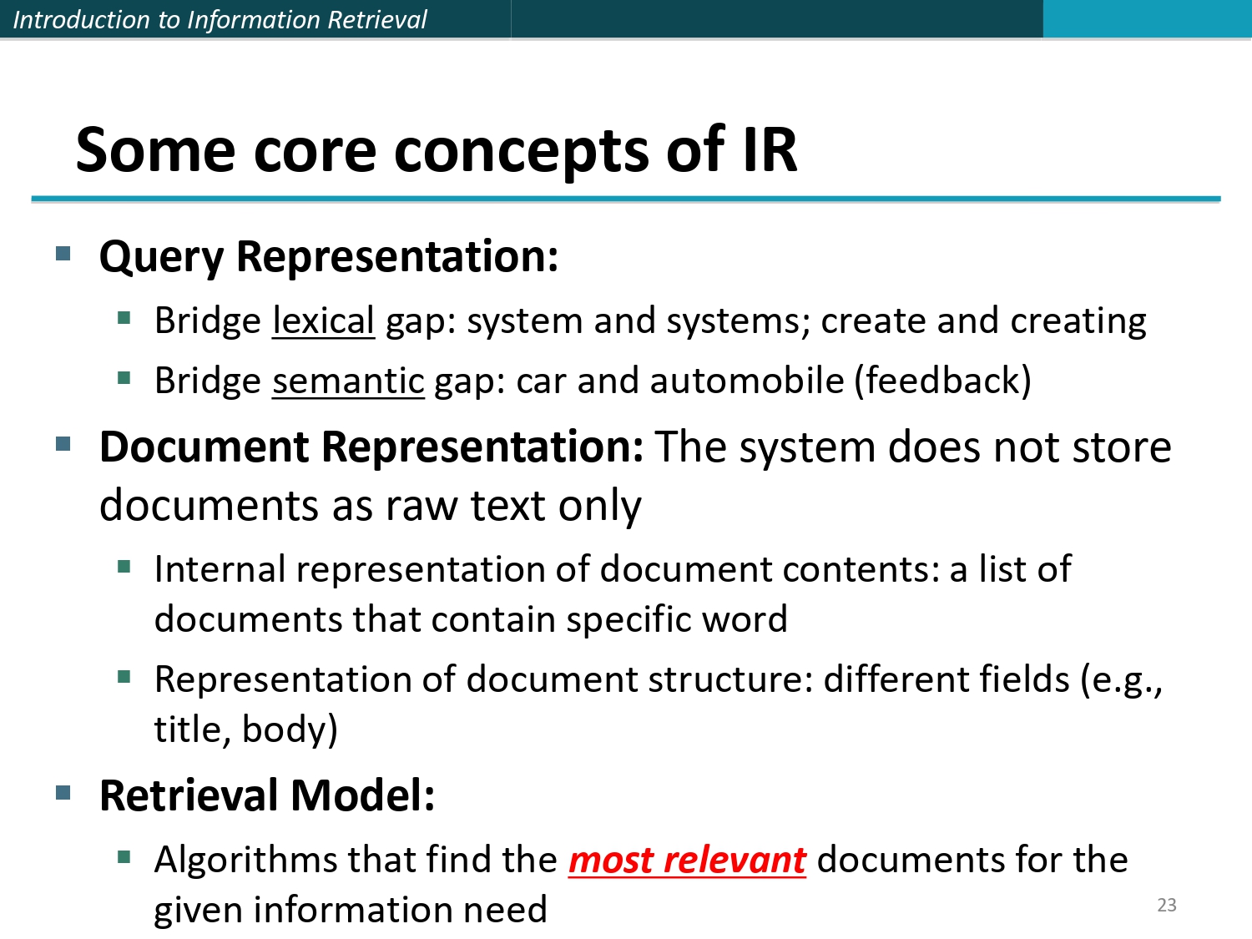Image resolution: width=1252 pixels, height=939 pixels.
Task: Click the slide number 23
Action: tap(1166, 905)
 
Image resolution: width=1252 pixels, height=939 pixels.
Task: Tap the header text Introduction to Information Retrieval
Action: tap(220, 19)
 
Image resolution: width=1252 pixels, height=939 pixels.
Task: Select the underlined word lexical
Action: tap(323, 321)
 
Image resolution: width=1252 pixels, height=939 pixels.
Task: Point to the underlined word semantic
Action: tap(348, 381)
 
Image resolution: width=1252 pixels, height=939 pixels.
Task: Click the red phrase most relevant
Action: tap(687, 860)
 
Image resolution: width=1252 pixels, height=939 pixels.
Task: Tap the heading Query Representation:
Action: tap(329, 256)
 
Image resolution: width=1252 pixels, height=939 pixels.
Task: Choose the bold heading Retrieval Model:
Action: tap(267, 795)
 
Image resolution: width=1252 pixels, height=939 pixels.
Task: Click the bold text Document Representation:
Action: tap(371, 447)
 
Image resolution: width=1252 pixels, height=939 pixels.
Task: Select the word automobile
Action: tap(747, 381)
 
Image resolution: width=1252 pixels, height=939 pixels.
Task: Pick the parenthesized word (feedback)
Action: tap(942, 381)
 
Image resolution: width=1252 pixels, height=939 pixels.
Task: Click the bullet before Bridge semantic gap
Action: tap(124, 378)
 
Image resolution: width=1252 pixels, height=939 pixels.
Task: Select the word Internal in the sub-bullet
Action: tap(220, 570)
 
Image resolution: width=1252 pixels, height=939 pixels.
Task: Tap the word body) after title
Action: tap(290, 729)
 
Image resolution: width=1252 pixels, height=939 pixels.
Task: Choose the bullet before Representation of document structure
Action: tap(124, 676)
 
